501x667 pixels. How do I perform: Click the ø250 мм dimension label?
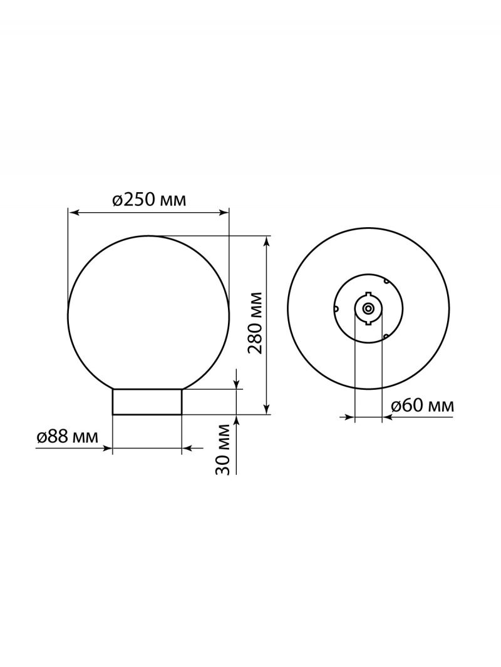pyautogui.click(x=150, y=200)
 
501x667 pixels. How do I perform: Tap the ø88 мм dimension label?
pyautogui.click(x=67, y=437)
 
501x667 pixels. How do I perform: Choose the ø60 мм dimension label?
pyautogui.click(x=423, y=406)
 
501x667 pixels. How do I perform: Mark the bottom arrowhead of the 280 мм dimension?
pyautogui.click(x=266, y=409)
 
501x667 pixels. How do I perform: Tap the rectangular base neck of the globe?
pyautogui.click(x=147, y=402)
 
